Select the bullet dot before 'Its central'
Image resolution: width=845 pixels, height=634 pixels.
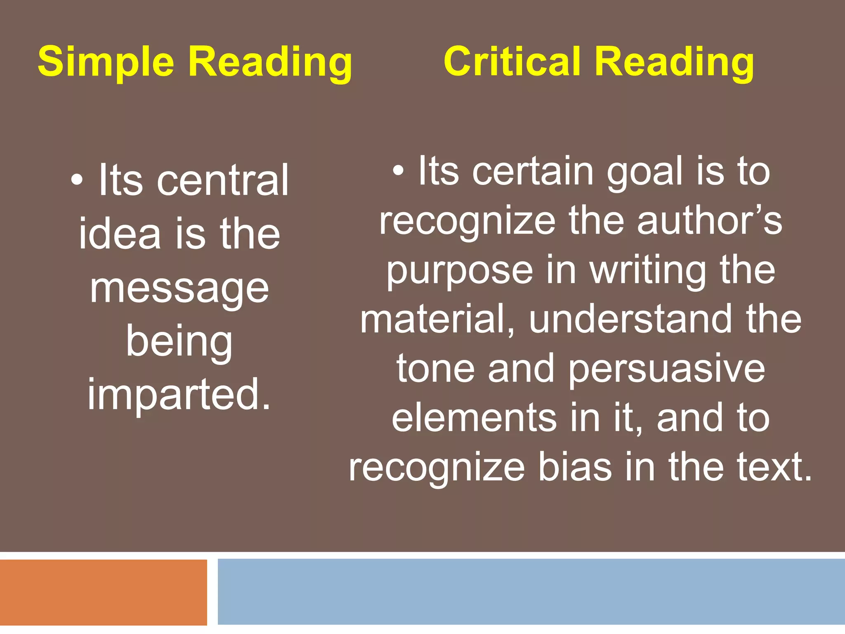(76, 180)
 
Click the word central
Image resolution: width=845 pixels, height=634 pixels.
(223, 180)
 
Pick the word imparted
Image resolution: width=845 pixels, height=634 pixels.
(179, 394)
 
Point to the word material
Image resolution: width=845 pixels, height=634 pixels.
(437, 319)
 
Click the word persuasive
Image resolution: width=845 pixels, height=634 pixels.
(667, 369)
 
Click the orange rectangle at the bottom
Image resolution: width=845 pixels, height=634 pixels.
(103, 592)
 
